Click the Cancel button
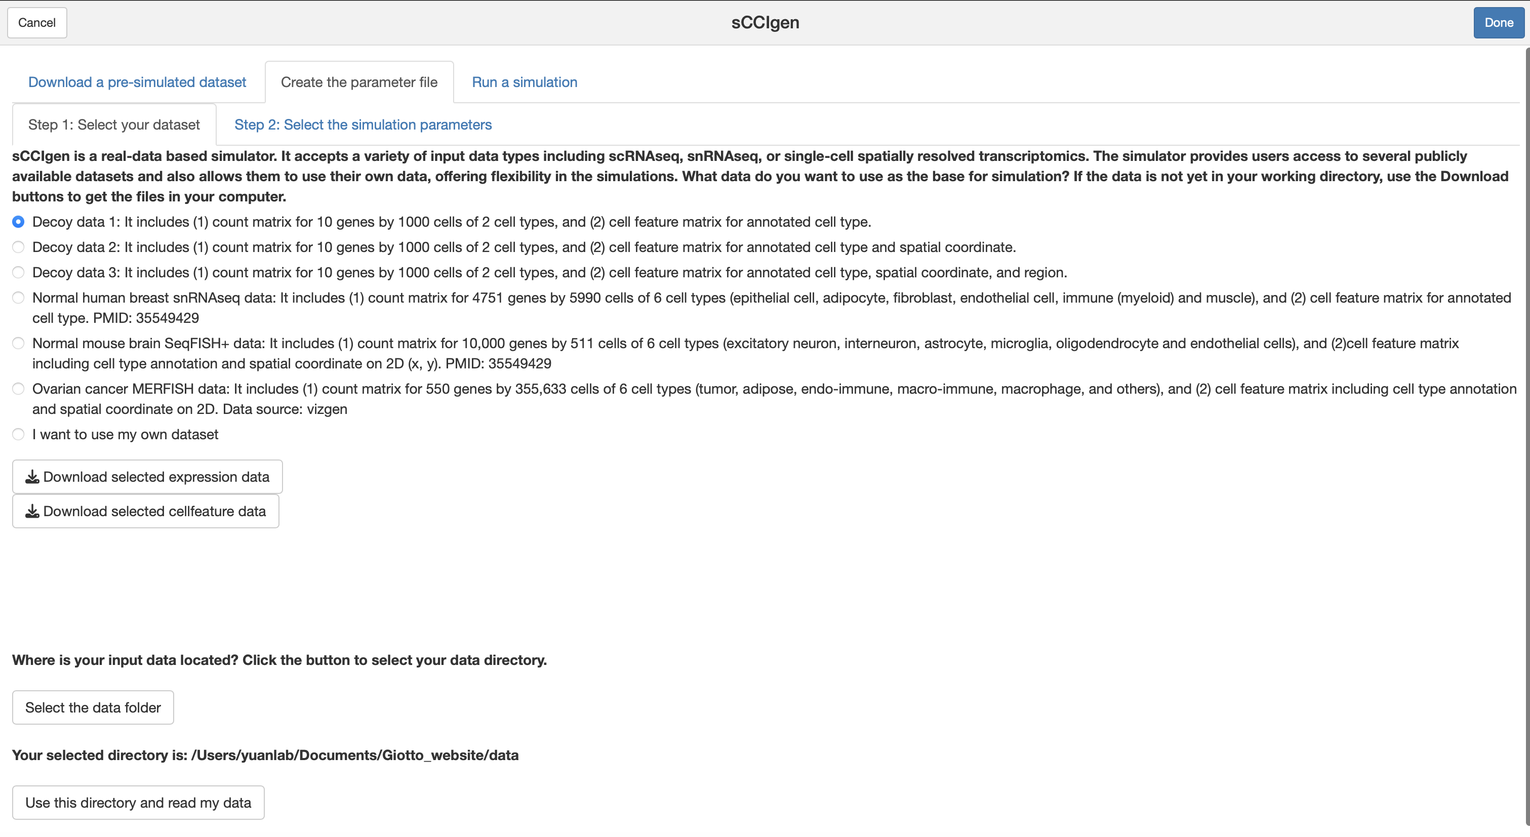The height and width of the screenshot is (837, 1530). [37, 23]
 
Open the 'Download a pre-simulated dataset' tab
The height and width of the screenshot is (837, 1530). [137, 82]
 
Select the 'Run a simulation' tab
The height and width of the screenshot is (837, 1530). [525, 82]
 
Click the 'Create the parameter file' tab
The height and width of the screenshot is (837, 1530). [359, 82]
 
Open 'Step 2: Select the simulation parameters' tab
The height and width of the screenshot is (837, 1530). [363, 124]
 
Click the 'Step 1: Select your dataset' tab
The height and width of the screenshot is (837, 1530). [114, 124]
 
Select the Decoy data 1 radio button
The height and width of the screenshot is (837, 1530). [18, 222]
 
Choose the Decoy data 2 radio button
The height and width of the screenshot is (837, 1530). [18, 247]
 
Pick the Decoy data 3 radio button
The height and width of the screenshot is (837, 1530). [18, 272]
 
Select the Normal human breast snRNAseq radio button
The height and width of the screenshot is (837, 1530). [18, 298]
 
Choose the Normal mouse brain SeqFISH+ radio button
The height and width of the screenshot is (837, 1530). [18, 343]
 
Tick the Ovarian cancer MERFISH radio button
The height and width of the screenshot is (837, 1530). [18, 389]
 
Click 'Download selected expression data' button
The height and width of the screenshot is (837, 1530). [147, 477]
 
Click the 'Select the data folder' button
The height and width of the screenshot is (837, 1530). [93, 707]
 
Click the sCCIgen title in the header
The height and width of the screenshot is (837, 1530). [765, 23]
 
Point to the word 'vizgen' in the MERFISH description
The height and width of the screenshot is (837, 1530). [327, 409]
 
